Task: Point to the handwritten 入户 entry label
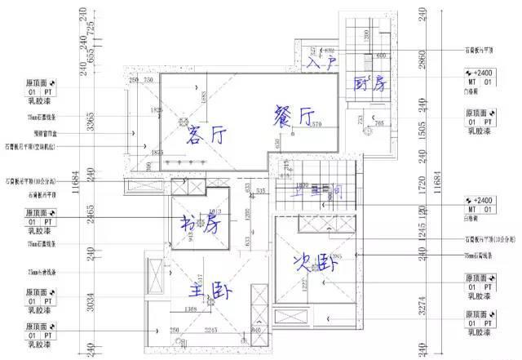(317, 60)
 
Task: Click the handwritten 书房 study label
(201, 222)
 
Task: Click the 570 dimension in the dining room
(316, 123)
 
